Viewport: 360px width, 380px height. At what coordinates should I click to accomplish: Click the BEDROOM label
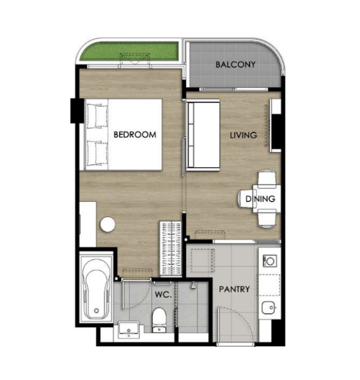[x=135, y=135]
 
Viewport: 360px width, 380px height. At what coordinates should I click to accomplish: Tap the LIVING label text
[x=243, y=135]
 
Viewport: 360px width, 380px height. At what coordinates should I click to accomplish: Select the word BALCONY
[x=235, y=64]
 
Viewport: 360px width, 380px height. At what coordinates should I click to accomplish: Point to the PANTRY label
[x=234, y=289]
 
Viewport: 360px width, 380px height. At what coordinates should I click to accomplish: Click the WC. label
[x=163, y=294]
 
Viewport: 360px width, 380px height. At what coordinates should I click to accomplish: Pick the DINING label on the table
[x=260, y=199]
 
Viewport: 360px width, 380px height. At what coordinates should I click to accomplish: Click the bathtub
[x=96, y=288]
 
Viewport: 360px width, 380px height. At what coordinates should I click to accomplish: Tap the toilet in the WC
[x=159, y=319]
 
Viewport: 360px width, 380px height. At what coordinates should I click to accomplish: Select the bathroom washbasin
[x=128, y=330]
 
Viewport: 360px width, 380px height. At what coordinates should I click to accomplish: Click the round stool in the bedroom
[x=107, y=225]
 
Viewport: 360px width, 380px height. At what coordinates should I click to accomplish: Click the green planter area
[x=129, y=51]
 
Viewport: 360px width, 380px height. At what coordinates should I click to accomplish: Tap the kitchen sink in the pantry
[x=268, y=308]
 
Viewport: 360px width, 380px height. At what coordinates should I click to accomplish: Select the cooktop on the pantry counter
[x=270, y=261]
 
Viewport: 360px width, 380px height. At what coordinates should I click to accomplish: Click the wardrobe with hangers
[x=171, y=248]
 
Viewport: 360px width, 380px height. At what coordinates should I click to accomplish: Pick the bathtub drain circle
[x=97, y=311]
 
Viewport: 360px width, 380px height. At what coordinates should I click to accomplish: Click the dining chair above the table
[x=267, y=179]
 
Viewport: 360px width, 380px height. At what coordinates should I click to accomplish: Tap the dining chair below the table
[x=267, y=218]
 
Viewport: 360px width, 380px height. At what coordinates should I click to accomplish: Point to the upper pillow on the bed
[x=97, y=116]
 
